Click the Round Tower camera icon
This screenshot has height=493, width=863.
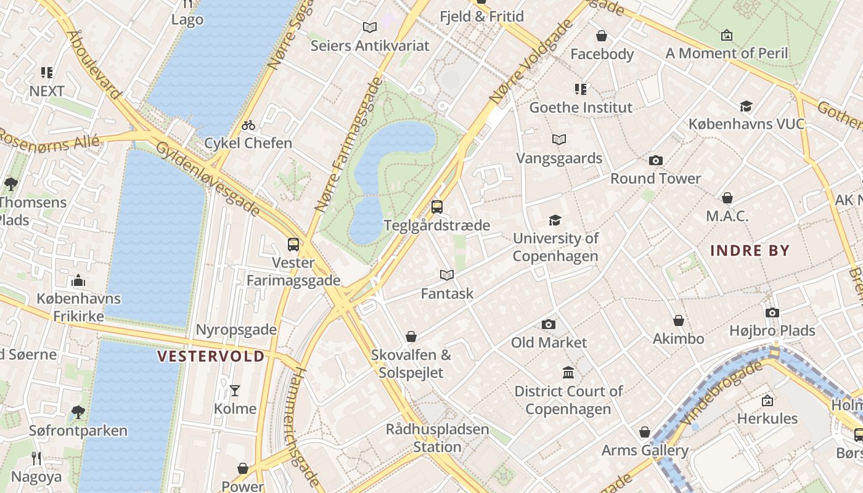pyautogui.click(x=656, y=161)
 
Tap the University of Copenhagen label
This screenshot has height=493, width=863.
pyautogui.click(x=555, y=247)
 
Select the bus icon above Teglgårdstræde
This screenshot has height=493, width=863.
pyautogui.click(x=437, y=207)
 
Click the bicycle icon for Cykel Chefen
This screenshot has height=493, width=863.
pyautogui.click(x=248, y=125)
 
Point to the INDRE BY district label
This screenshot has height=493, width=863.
pyautogui.click(x=750, y=251)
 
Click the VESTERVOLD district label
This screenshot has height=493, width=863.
pyautogui.click(x=211, y=356)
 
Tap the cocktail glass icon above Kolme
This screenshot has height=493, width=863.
pyautogui.click(x=235, y=390)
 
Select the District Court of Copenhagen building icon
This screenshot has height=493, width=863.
pyautogui.click(x=568, y=373)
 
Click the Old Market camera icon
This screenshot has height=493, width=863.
pyautogui.click(x=549, y=324)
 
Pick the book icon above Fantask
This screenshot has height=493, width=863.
pyautogui.click(x=447, y=275)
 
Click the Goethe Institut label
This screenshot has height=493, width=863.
pyautogui.click(x=581, y=107)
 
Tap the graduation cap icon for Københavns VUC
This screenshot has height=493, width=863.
pyautogui.click(x=746, y=106)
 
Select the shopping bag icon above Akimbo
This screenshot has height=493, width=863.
pyautogui.click(x=678, y=320)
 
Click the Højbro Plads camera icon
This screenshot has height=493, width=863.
pyautogui.click(x=772, y=312)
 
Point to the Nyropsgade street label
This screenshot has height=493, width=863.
pyautogui.click(x=236, y=330)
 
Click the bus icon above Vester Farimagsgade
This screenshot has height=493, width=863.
pyautogui.click(x=293, y=245)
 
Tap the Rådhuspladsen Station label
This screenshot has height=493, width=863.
pyautogui.click(x=437, y=438)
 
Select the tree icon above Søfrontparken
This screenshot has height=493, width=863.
pyautogui.click(x=78, y=412)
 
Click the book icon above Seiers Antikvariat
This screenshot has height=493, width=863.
pyautogui.click(x=370, y=27)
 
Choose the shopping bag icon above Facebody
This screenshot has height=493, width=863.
pyautogui.click(x=602, y=36)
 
